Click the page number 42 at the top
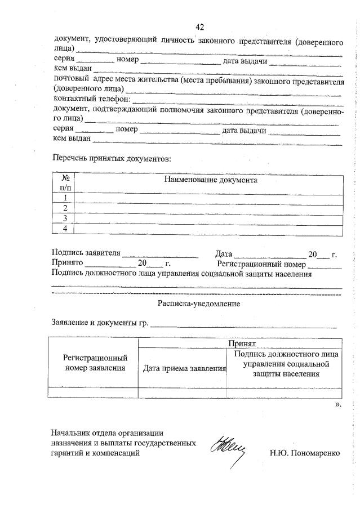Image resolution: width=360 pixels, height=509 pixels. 199,27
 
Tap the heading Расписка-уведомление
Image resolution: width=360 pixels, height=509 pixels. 199,303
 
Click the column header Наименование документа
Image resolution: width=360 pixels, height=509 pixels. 210,181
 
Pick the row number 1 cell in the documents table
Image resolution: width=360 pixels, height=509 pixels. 65,198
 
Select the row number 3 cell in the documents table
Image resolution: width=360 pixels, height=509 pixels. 65,218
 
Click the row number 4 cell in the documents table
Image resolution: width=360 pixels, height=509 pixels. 65,228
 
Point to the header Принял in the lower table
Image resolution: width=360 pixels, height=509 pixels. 242,343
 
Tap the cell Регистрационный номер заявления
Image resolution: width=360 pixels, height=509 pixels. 95,363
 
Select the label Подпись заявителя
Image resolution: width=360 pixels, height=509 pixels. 86,253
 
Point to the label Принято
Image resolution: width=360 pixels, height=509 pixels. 67,263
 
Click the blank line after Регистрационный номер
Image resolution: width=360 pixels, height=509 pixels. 325,264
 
